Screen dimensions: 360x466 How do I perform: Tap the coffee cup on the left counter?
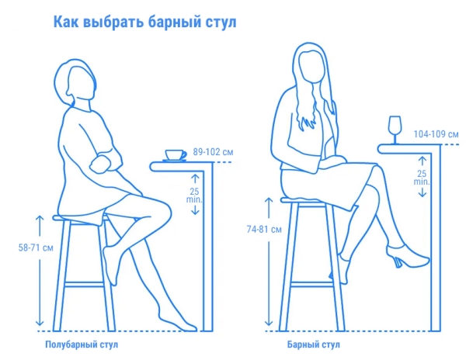pos(175,154)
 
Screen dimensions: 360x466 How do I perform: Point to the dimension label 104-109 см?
pos(435,135)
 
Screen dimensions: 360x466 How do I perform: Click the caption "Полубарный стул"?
pos(82,342)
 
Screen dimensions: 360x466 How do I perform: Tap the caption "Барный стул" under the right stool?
pos(313,342)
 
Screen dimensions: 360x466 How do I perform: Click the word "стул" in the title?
pos(217,22)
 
